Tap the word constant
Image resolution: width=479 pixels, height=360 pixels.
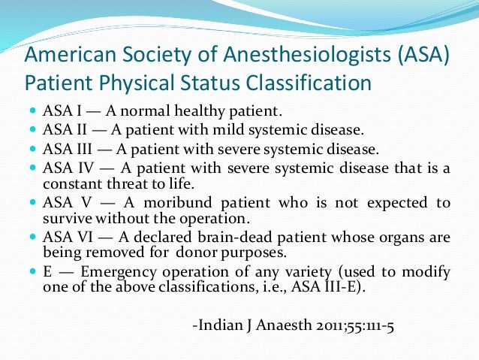point(71,183)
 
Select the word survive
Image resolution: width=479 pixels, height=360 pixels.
point(68,219)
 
